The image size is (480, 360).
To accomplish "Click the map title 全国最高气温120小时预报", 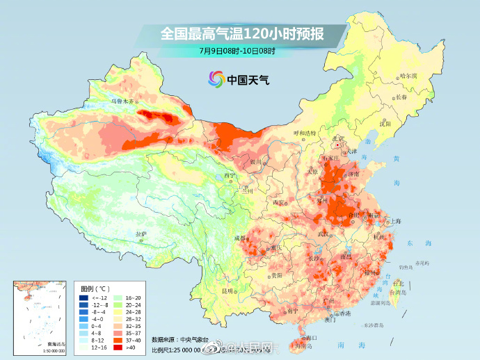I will point(241,33).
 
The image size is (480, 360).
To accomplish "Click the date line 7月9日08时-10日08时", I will point(237,51).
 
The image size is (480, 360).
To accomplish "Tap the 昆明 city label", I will point(227,290).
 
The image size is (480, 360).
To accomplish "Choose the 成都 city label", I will point(241,238).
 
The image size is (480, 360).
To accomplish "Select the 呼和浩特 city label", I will point(304,132).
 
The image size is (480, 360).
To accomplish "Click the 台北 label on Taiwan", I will point(398,284).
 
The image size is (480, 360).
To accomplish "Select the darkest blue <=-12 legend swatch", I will point(83,297).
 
